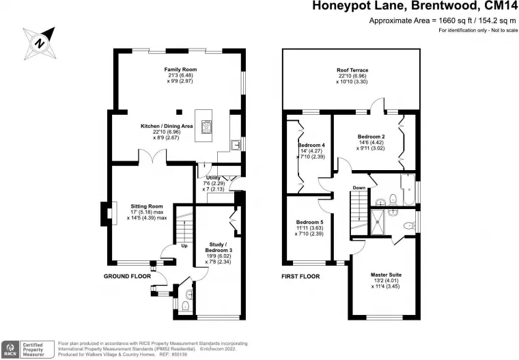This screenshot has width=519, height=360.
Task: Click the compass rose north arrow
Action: click(x=39, y=44)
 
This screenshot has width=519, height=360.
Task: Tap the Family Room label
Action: click(x=180, y=70)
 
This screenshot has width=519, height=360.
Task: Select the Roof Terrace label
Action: click(x=352, y=70)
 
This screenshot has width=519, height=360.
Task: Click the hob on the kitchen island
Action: click(x=206, y=128)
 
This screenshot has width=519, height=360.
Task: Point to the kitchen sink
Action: click(x=236, y=145)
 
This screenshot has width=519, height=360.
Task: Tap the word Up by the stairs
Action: click(x=184, y=246)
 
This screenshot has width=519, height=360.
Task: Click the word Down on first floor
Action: click(x=359, y=188)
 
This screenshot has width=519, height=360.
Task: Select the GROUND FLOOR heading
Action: click(x=128, y=276)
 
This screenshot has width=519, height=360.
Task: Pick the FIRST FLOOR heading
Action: click(x=300, y=276)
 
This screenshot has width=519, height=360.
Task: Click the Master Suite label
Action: click(x=386, y=275)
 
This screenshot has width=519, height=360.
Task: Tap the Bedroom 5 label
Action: click(x=309, y=222)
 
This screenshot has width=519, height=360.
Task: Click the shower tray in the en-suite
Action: click(x=378, y=222)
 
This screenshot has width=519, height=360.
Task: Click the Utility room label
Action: click(x=213, y=178)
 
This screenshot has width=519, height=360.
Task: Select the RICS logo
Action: click(x=10, y=349)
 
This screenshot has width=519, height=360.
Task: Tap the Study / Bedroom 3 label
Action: click(x=218, y=247)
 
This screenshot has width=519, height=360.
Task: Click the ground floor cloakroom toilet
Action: click(x=185, y=306)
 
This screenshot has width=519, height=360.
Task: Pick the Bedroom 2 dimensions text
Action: click(x=370, y=146)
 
